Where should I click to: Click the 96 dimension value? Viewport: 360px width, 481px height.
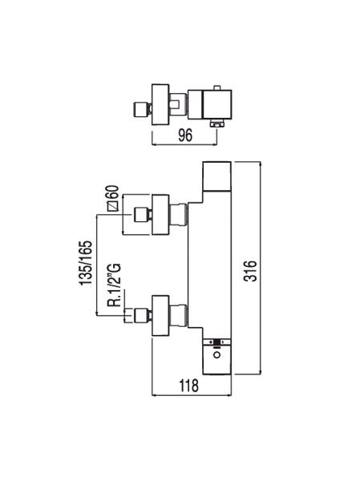click(x=185, y=135)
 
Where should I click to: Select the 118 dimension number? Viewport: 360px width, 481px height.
click(x=188, y=386)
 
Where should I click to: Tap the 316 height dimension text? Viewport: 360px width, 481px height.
click(x=250, y=271)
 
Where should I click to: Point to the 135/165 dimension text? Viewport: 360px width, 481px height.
click(x=86, y=263)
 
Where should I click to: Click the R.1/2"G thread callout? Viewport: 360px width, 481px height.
click(x=115, y=285)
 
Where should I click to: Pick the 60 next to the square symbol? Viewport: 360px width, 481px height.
click(x=113, y=193)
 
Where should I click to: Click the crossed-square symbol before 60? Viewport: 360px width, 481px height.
click(x=113, y=207)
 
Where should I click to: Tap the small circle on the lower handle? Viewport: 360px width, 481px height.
click(x=217, y=355)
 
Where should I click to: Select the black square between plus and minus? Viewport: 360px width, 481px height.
click(x=217, y=342)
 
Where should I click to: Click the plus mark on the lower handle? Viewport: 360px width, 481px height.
click(x=211, y=342)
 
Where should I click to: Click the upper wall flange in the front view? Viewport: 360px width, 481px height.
click(x=160, y=215)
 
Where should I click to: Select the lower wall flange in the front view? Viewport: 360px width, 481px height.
click(x=160, y=315)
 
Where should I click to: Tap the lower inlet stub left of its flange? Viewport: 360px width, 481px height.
click(x=140, y=315)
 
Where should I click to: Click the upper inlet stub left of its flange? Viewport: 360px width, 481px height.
click(x=140, y=214)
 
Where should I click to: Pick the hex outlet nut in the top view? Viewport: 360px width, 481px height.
click(x=217, y=123)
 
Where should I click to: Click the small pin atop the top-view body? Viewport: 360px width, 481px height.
click(x=218, y=88)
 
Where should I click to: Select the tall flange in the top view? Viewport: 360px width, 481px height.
click(x=160, y=104)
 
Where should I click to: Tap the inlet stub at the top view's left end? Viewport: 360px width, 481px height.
click(x=140, y=110)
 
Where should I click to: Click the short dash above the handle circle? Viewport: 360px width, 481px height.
click(x=217, y=347)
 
